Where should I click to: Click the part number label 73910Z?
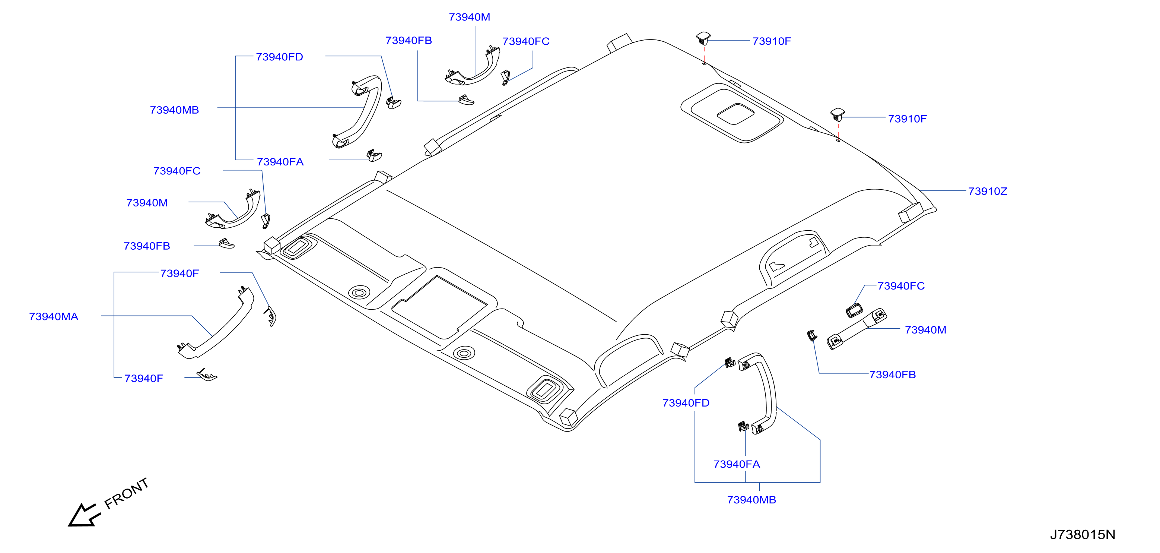[988, 192]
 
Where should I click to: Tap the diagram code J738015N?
[1083, 534]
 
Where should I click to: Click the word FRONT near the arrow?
[127, 493]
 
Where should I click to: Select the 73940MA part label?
[54, 317]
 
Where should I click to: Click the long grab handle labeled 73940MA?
[216, 325]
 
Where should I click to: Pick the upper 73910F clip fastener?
[703, 38]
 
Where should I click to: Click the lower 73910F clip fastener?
[838, 114]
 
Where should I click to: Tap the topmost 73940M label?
[469, 17]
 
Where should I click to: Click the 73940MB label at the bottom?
[751, 500]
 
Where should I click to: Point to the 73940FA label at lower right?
[737, 464]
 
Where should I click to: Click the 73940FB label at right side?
[893, 375]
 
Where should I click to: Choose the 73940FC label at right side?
[901, 286]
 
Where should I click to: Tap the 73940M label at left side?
[147, 203]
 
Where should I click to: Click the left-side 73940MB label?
[174, 110]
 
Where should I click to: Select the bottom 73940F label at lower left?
[144, 379]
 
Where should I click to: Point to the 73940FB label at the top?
[409, 41]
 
